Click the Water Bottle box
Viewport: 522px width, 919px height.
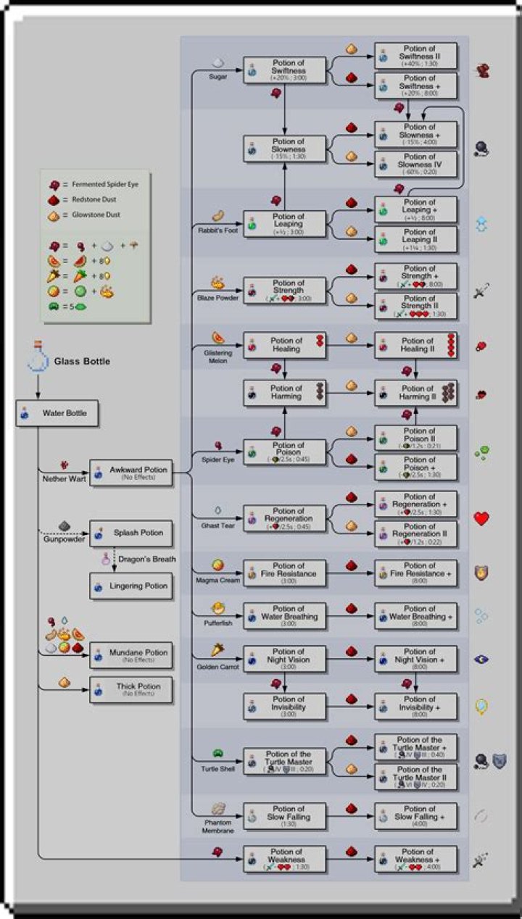pos(57,413)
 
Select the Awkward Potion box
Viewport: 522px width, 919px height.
pos(130,473)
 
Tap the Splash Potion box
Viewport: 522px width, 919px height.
pos(130,533)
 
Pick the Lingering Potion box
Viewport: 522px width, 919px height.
pos(130,586)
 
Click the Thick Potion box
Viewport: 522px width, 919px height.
pos(130,689)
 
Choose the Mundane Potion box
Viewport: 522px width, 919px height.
pos(130,656)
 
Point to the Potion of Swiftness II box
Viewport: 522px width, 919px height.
pos(416,56)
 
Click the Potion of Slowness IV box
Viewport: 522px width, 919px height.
pos(416,164)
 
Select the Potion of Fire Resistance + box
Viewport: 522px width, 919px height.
pos(416,573)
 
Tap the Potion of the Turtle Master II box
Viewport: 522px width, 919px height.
pos(416,776)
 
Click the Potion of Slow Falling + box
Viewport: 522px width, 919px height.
pos(416,815)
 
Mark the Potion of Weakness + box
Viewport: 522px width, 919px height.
pos(416,858)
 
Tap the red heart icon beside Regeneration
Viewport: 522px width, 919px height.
pos(481,518)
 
